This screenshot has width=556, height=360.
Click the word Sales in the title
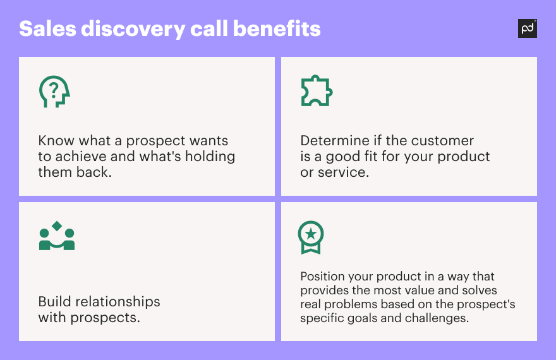tap(47, 28)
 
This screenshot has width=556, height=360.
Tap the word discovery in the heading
tap(133, 30)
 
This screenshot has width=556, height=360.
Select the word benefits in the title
tap(277, 28)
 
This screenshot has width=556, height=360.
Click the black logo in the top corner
tap(528, 28)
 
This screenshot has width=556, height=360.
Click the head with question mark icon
tap(54, 92)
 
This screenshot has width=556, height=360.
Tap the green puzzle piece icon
tap(317, 91)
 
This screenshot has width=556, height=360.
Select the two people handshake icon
tap(57, 236)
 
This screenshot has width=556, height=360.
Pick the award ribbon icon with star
tap(311, 237)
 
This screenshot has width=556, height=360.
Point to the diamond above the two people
tap(57, 225)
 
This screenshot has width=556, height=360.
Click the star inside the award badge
tap(311, 234)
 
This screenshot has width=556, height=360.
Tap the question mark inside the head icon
tap(54, 91)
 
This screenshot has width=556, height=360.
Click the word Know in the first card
tap(56, 141)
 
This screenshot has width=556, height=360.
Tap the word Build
tap(54, 301)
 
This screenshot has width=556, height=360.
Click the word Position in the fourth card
tap(322, 276)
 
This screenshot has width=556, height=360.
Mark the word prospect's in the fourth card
tap(486, 304)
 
